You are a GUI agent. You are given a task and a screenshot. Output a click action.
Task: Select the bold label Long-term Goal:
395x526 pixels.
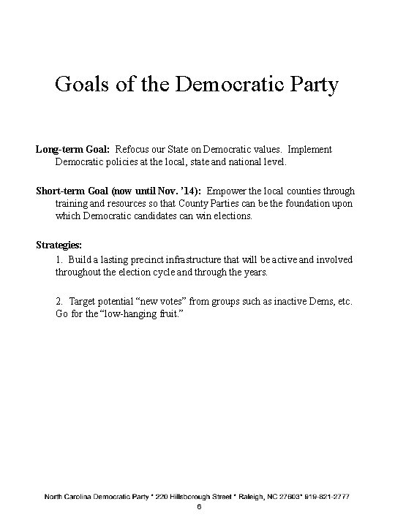pos(72,149)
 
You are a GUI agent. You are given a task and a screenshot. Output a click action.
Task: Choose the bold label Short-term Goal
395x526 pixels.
pos(72,191)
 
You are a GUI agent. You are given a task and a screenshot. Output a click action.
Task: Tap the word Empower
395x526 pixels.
pos(228,191)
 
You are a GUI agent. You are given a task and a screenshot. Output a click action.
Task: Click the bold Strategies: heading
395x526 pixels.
pos(59,245)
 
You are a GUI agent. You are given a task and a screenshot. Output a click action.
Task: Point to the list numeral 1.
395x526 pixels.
pos(59,259)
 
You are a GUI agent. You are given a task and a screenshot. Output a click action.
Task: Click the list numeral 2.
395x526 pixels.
pos(59,301)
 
